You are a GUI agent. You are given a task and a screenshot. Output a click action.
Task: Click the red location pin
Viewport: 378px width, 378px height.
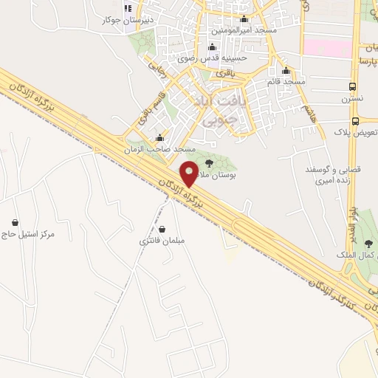tap(190, 173)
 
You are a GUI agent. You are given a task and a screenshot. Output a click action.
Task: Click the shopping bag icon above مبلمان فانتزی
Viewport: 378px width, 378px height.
tap(162, 229)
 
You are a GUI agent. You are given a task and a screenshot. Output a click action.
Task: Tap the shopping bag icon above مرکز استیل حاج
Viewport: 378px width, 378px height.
tap(15, 222)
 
